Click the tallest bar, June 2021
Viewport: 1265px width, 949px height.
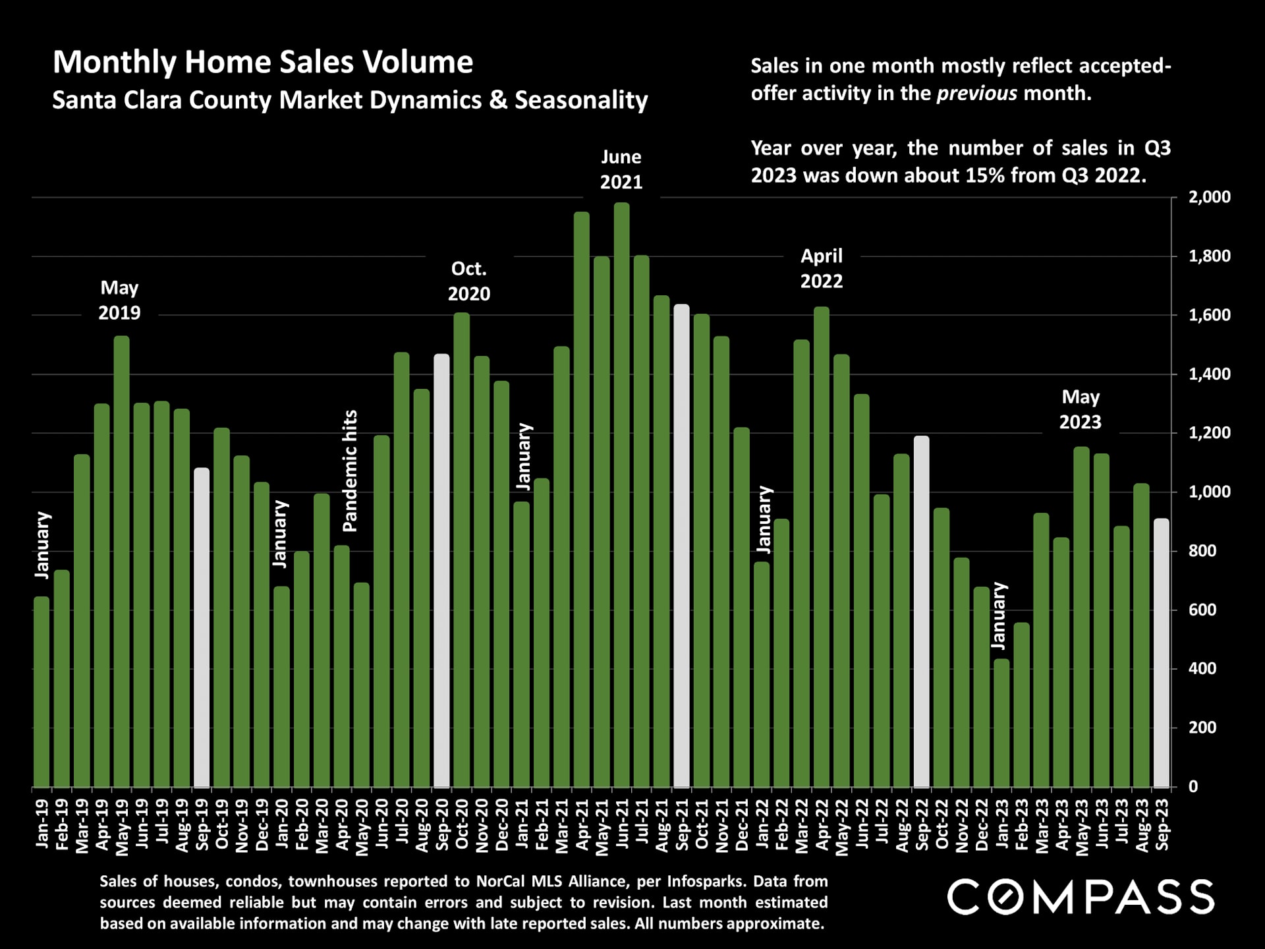[621, 494]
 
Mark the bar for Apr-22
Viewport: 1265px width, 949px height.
[822, 547]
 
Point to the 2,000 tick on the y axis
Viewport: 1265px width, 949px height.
[1209, 197]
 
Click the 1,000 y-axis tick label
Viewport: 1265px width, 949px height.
[1209, 492]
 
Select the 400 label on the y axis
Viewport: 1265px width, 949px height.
[1202, 668]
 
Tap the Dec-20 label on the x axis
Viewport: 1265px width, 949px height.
[502, 824]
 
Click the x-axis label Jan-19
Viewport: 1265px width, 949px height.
[42, 823]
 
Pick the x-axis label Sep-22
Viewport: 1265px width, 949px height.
[922, 824]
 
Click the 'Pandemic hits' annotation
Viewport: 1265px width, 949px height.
[350, 471]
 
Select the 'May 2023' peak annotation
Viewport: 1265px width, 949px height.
[1081, 409]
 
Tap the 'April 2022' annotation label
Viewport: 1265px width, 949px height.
[822, 268]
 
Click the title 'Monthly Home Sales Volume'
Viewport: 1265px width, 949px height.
[263, 62]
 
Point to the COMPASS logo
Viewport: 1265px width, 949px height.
[1081, 897]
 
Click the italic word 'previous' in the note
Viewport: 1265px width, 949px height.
[976, 93]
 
